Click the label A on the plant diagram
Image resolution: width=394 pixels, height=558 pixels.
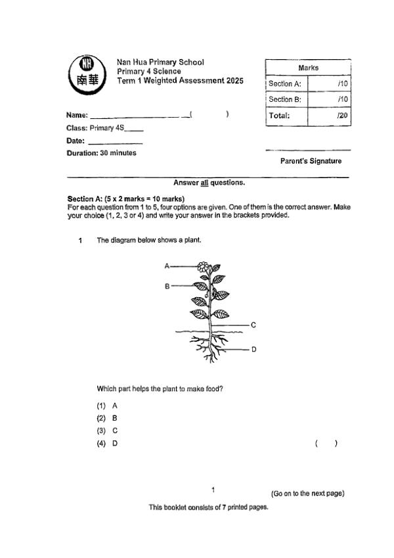167,266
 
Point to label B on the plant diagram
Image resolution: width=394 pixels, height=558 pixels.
167,287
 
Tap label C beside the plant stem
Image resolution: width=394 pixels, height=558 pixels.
253,325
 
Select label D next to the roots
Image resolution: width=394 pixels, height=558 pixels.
253,350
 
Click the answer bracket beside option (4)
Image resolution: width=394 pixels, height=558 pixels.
326,444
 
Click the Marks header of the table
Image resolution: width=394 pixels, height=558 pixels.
308,68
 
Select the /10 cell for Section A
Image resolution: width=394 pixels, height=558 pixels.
329,84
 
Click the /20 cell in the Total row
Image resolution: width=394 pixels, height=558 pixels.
329,116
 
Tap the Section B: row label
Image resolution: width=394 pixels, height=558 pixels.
285,99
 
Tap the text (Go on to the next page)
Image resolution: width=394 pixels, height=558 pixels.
307,494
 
